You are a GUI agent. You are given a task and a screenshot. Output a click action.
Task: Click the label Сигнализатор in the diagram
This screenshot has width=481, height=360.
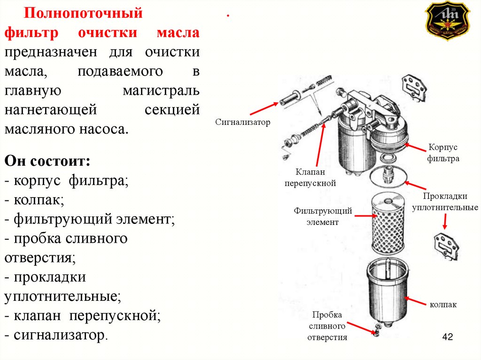point(243,123)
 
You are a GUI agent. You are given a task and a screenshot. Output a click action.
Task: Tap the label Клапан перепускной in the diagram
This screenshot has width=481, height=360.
point(310,177)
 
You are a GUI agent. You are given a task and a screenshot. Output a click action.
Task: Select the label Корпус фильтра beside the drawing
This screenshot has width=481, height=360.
point(443,153)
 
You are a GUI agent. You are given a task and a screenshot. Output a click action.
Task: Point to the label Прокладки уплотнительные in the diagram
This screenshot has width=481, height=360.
point(445,201)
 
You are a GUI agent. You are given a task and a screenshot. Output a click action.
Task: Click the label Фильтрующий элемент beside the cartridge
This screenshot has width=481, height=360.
point(323,216)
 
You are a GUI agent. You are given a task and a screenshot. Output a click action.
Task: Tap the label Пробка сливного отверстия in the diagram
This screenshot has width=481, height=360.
point(327,326)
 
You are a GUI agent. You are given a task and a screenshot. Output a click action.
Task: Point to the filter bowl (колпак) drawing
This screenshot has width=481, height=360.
point(387,291)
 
